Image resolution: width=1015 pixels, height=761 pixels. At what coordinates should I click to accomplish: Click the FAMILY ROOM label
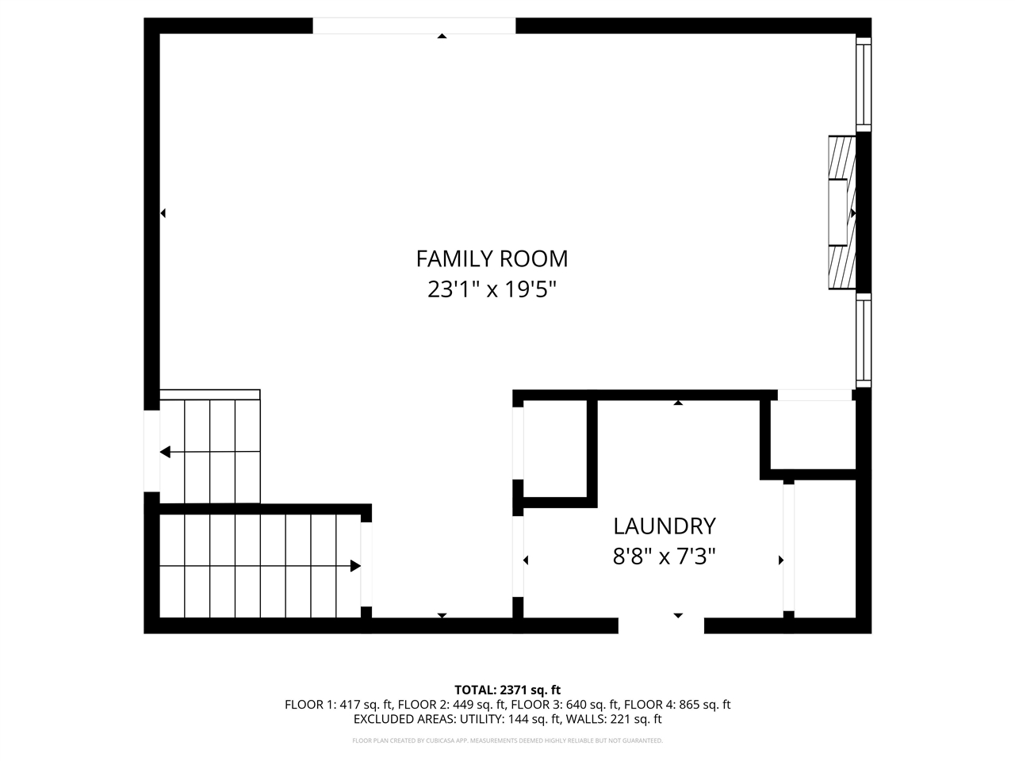tap(492, 258)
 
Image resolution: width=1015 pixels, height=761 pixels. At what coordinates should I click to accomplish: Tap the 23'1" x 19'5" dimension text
tap(492, 289)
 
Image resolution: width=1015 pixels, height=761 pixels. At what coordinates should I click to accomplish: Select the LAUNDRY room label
tap(664, 526)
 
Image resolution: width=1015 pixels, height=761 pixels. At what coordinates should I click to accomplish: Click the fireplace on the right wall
tap(842, 212)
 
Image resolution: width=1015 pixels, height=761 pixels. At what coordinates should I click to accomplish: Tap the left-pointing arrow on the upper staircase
tap(166, 452)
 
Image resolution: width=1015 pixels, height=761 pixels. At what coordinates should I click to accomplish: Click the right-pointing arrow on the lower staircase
tap(355, 566)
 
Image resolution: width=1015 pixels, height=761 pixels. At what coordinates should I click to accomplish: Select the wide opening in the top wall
tap(414, 26)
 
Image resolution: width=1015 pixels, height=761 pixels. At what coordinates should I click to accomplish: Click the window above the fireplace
tap(864, 83)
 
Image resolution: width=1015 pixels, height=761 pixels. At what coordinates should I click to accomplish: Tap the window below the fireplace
tap(864, 340)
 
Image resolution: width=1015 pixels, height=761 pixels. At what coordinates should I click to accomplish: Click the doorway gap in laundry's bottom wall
tap(661, 625)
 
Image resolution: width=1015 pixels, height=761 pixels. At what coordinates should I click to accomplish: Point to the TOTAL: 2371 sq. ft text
tap(507, 690)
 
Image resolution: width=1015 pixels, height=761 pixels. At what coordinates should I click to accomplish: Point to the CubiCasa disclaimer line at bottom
tap(507, 740)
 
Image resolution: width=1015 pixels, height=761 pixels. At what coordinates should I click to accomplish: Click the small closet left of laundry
tap(554, 448)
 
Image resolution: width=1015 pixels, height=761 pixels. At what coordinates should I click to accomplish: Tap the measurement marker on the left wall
tap(163, 213)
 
